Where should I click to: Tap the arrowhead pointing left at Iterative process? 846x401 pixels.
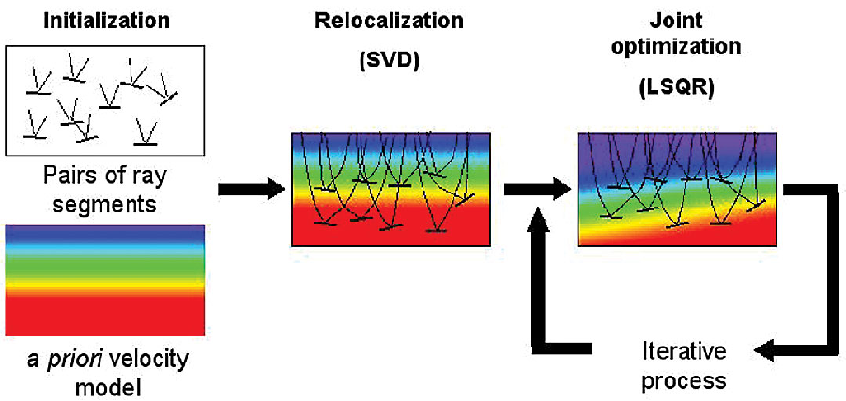click(768, 350)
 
